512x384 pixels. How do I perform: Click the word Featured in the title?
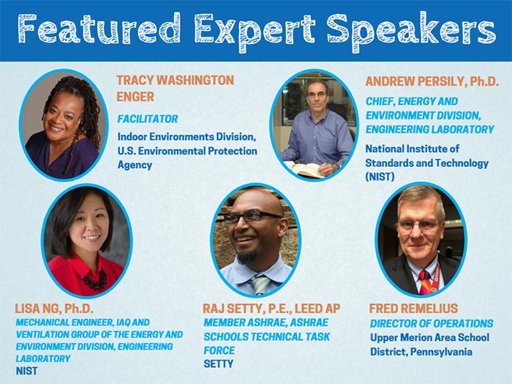[99, 29]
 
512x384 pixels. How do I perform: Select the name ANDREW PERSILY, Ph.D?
[432, 81]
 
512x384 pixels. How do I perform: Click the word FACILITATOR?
[148, 119]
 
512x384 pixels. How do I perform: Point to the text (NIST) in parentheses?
[380, 177]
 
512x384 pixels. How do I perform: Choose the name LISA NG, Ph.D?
[54, 309]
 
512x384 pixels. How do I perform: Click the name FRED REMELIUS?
[414, 309]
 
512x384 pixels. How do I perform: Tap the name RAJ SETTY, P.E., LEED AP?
[271, 309]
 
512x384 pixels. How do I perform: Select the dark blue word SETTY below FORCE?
[219, 363]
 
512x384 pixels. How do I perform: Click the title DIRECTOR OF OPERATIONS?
[432, 323]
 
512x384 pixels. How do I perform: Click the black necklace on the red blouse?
[95, 281]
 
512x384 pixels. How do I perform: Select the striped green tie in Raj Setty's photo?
[260, 284]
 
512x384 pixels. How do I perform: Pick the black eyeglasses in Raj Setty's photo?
[252, 216]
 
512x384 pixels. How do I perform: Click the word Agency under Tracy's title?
[135, 165]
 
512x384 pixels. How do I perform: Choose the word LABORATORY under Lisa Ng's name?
[43, 359]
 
